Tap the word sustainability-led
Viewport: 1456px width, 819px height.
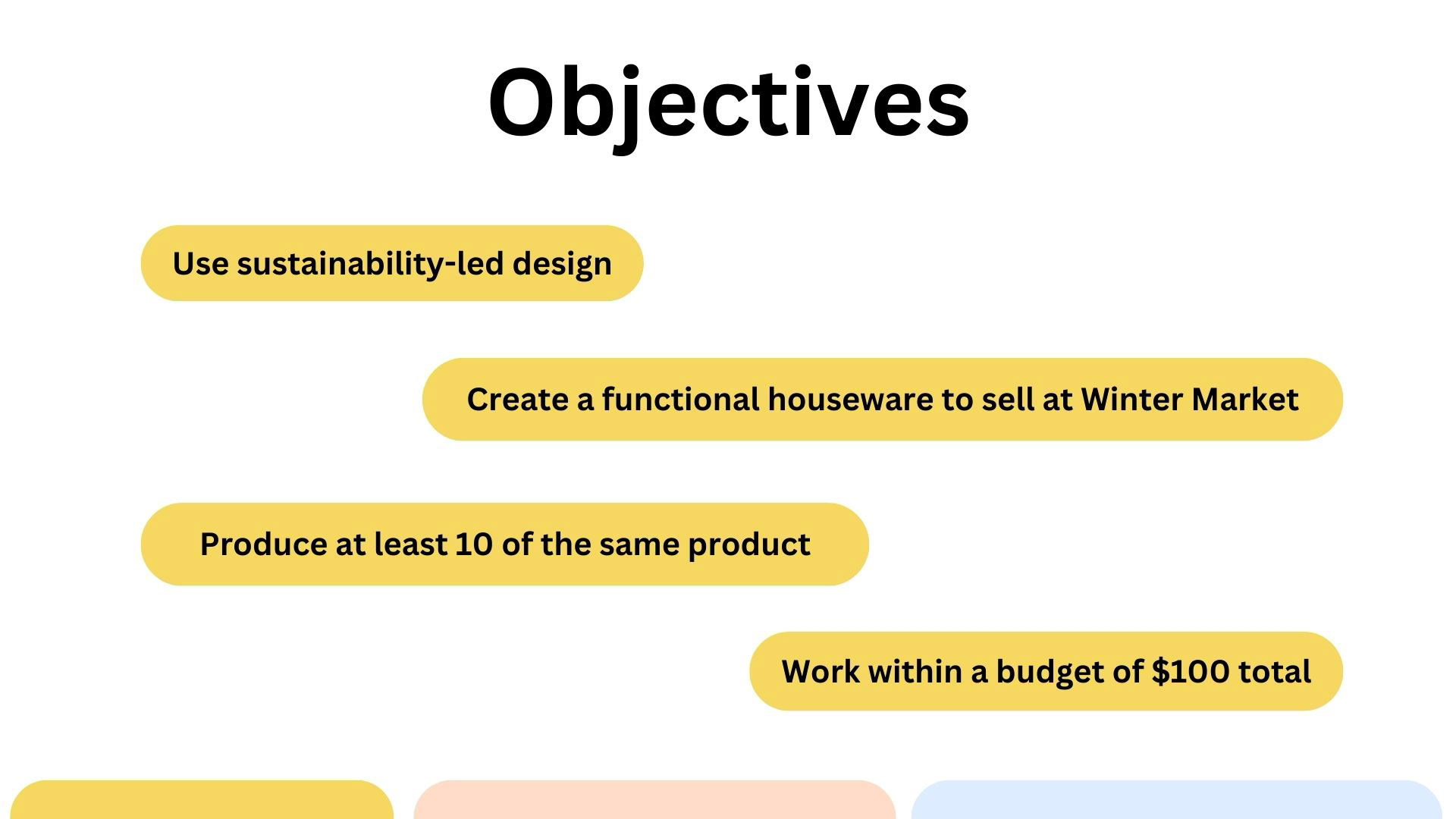click(x=370, y=264)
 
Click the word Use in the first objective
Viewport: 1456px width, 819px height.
click(x=201, y=264)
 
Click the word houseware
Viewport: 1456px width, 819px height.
click(x=850, y=400)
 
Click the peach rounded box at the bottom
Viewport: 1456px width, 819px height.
click(x=654, y=800)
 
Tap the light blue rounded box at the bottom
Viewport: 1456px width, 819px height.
click(x=1176, y=800)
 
